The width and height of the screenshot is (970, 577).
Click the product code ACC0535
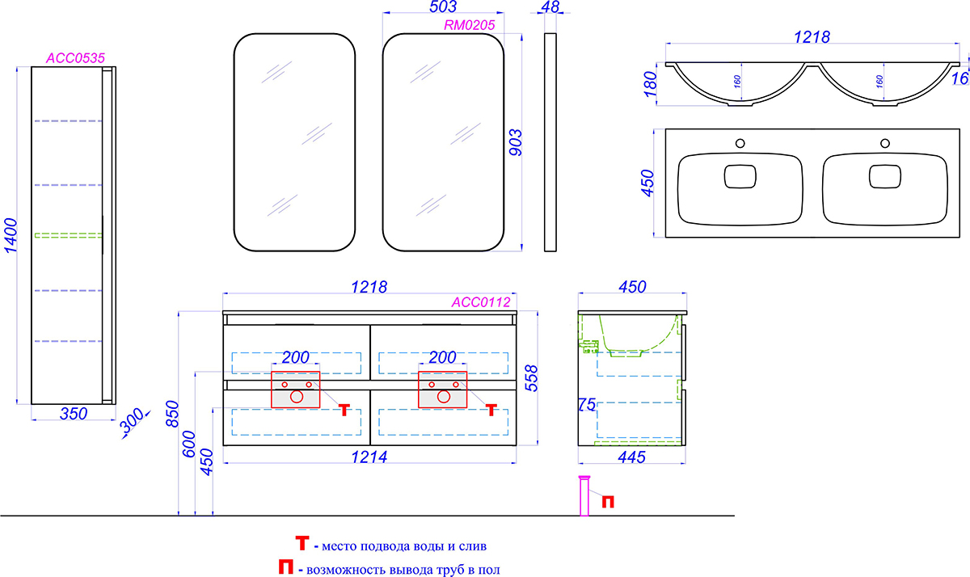tap(76, 58)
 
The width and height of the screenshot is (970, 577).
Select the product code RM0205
tap(470, 25)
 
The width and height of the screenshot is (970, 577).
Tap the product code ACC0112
tap(481, 302)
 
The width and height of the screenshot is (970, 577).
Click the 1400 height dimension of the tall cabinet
tap(11, 235)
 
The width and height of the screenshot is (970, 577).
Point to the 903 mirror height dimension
tap(516, 142)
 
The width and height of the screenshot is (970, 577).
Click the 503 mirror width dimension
tap(443, 6)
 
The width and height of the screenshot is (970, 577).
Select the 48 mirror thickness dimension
tap(550, 6)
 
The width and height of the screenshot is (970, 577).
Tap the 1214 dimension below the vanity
tap(369, 457)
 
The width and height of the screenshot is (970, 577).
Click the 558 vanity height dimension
tap(531, 378)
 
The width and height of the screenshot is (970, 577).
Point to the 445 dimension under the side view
tap(632, 457)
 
